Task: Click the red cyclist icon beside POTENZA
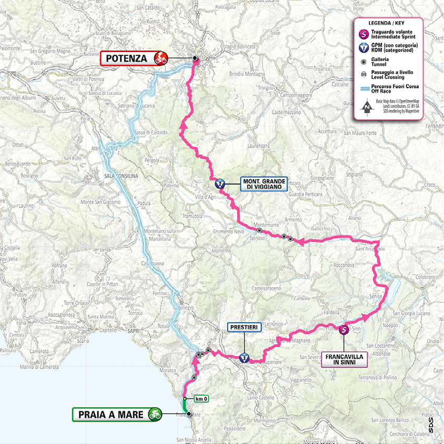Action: pyautogui.click(x=161, y=58)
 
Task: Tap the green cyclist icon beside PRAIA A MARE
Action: pyautogui.click(x=154, y=415)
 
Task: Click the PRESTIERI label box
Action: pyautogui.click(x=243, y=327)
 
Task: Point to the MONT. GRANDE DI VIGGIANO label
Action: pyautogui.click(x=263, y=183)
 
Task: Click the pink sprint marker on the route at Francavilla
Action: pyautogui.click(x=344, y=329)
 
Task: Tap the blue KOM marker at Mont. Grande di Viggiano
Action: pyautogui.click(x=219, y=183)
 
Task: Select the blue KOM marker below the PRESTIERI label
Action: pyautogui.click(x=244, y=357)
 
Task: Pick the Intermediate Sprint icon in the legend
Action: pyautogui.click(x=363, y=35)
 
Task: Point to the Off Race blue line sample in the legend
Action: pyautogui.click(x=363, y=89)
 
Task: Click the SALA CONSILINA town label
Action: pyautogui.click(x=121, y=176)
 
